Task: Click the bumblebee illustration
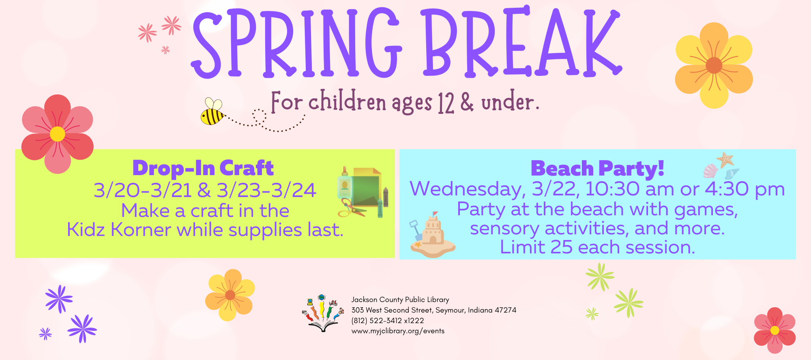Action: coord(212,111)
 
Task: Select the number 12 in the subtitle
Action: coord(446,103)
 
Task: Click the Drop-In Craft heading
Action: coord(203,168)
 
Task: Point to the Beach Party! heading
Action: coord(597,168)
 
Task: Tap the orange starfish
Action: coord(725,160)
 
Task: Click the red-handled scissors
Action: coord(351,207)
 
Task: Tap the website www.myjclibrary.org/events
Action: coord(398,331)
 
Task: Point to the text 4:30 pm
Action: coord(745,189)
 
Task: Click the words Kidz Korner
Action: coord(119,230)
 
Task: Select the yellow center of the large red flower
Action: coord(58,134)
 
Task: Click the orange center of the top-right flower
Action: coord(714,65)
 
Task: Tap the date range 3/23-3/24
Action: coord(266,191)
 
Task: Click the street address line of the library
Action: coord(434,310)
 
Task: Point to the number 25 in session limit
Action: coord(561,247)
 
